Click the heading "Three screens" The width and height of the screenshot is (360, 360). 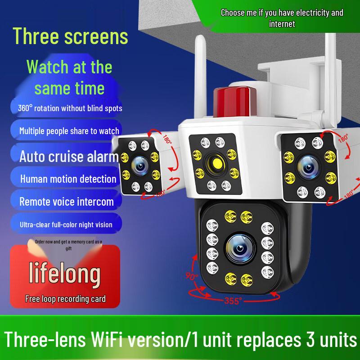point(70,36)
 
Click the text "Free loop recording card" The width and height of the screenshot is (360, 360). point(65,298)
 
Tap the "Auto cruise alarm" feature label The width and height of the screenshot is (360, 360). point(68,156)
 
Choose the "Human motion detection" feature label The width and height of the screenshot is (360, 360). point(68,179)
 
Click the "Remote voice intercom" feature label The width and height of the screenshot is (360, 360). point(67,201)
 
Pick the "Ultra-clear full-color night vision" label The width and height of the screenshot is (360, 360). point(66,224)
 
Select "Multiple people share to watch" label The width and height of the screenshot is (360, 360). point(69,131)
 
